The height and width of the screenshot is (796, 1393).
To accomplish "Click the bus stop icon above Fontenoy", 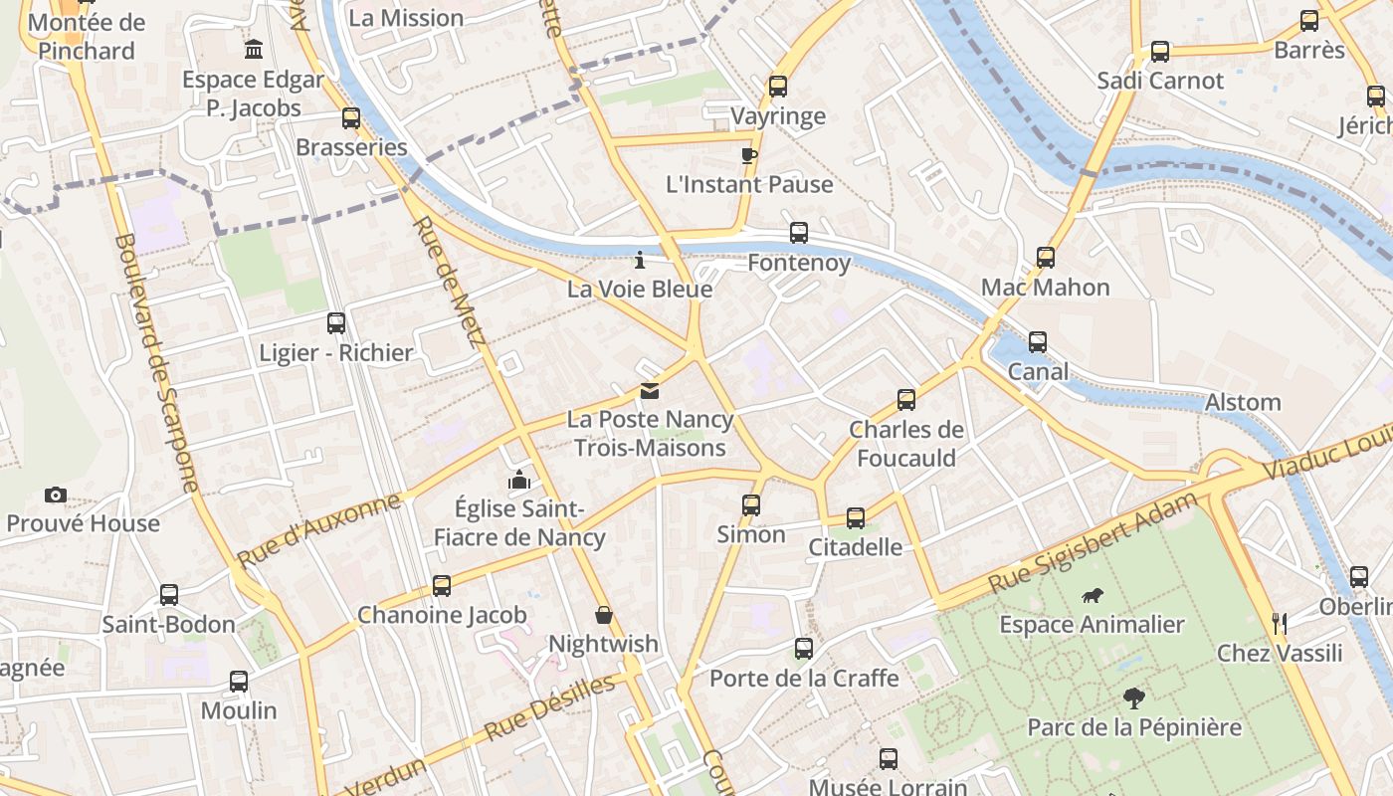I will click(798, 233).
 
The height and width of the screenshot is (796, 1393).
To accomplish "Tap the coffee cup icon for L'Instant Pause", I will click(748, 155).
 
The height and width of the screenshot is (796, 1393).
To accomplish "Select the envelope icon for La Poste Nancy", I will click(650, 391).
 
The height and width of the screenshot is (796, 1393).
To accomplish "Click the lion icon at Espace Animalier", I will click(1093, 596).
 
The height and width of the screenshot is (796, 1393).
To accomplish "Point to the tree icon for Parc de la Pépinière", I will click(1133, 697).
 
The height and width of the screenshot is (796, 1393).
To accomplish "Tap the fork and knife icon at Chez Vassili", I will click(1280, 624).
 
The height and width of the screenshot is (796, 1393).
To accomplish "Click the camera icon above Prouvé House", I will click(56, 495).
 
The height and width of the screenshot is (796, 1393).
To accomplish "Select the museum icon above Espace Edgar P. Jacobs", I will click(254, 49).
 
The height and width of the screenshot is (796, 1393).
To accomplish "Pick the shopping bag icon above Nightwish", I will click(603, 614).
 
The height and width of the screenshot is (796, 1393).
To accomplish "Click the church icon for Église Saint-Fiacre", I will click(518, 481).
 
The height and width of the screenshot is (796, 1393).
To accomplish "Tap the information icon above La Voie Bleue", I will click(640, 261).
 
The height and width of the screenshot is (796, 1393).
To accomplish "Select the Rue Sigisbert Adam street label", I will click(1093, 543).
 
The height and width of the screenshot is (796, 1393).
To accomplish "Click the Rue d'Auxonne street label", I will click(318, 530).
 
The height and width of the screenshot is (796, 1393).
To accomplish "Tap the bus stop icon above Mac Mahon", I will click(1046, 258).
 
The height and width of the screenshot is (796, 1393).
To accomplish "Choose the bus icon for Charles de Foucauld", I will click(905, 400).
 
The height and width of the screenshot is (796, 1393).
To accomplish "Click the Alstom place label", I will click(1243, 402).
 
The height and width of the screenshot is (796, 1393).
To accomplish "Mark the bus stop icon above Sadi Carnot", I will click(1160, 52).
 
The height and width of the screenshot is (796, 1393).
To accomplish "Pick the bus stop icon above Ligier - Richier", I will click(336, 323).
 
